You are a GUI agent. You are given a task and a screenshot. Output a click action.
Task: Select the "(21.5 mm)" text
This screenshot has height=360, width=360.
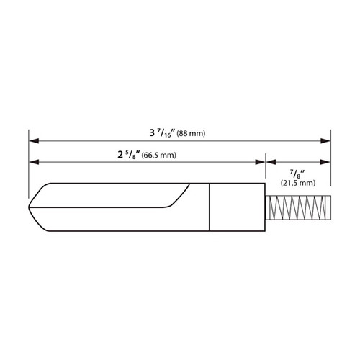pyautogui.click(x=297, y=184)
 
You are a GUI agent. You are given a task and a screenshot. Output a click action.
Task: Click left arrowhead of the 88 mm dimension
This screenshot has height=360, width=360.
pyautogui.click(x=32, y=140)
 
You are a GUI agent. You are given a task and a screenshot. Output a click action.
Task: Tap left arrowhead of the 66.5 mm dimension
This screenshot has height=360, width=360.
pyautogui.click(x=32, y=161)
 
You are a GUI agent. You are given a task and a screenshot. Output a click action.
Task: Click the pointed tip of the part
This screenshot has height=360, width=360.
pyautogui.click(x=30, y=207)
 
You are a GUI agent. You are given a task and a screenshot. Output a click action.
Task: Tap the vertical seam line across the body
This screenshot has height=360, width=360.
pyautogui.click(x=210, y=207)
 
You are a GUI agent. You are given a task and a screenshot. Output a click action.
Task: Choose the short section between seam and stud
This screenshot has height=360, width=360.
pyautogui.click(x=238, y=207)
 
